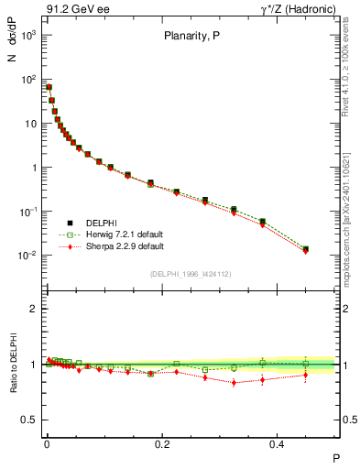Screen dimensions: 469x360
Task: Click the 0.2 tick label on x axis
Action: click(163, 443)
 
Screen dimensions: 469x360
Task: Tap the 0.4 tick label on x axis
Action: click(278, 443)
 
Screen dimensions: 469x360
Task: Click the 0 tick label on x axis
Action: click(47, 443)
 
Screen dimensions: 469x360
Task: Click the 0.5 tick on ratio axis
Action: click(32, 420)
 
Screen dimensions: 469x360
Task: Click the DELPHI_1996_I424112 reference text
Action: click(191, 273)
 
